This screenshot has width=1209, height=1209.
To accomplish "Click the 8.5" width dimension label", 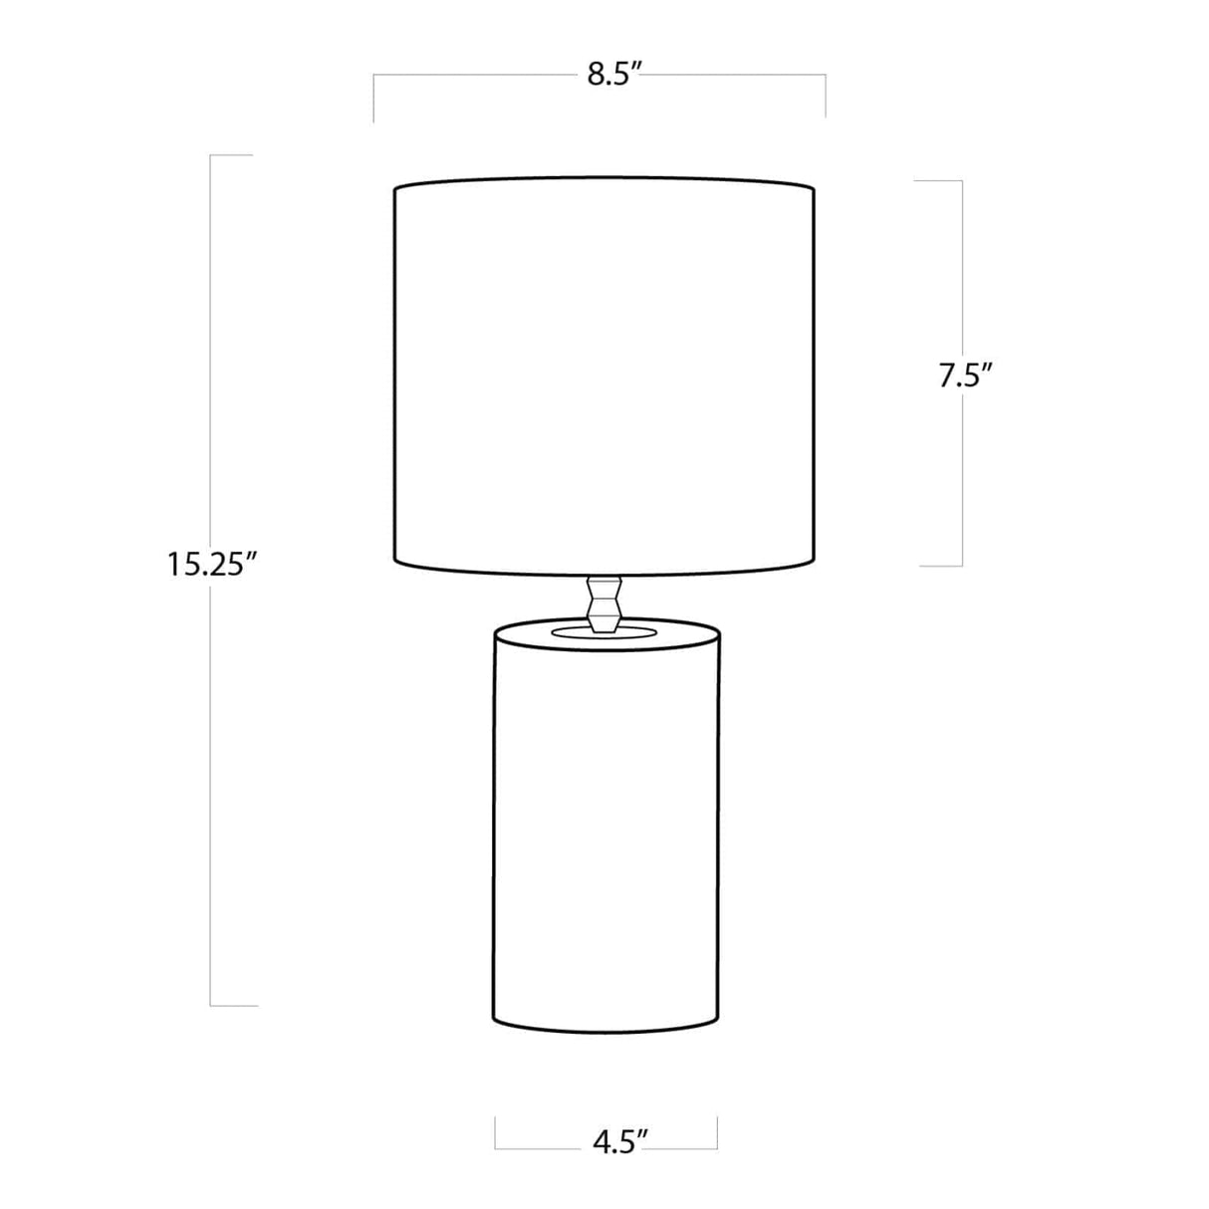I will [610, 76].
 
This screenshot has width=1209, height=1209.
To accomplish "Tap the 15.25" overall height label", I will [213, 565].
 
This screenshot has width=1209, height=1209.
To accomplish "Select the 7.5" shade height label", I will [966, 377].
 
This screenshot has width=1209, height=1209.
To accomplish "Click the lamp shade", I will [604, 378].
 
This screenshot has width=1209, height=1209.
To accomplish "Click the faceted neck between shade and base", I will [604, 603].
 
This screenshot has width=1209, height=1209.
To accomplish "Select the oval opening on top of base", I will [604, 631].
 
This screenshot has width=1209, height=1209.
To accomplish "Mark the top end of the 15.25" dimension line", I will [212, 156].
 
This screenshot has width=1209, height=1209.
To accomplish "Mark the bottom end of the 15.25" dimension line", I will [212, 1005].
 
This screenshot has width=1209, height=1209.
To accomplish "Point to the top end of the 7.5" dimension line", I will [961, 181].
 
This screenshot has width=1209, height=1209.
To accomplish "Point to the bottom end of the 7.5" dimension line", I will [961, 566].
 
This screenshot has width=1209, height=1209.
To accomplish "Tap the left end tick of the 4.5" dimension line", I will [496, 1133].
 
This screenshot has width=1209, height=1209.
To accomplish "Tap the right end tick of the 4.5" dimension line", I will [717, 1133].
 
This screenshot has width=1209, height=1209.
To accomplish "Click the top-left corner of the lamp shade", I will [395, 188].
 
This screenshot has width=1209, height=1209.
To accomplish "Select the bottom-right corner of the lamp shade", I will [814, 562].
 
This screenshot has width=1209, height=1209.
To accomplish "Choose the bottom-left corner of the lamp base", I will [495, 1018].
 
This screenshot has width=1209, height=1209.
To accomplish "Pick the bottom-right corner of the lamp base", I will [718, 1018].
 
